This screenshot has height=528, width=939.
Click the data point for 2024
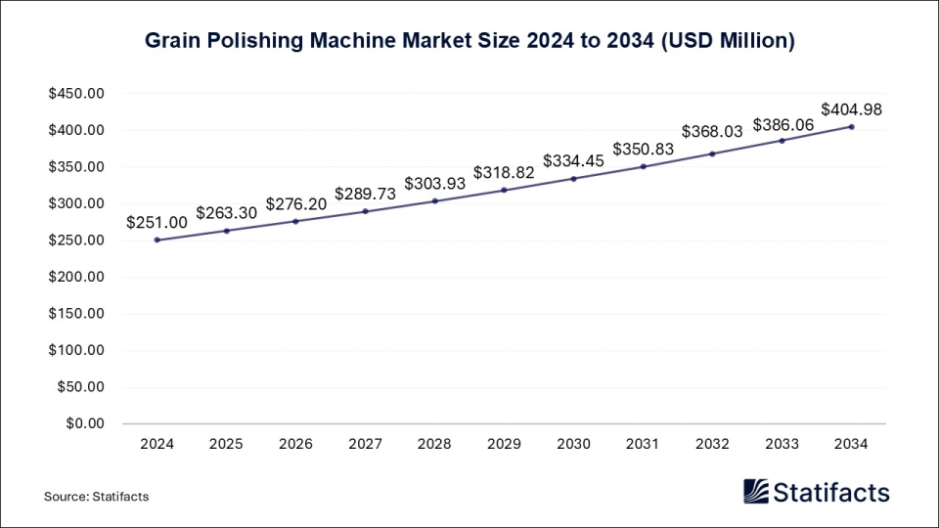coord(156,240)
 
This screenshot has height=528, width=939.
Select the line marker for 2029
coord(505,190)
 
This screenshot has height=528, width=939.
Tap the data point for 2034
coord(852,127)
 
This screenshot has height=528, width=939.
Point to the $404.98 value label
coord(851,110)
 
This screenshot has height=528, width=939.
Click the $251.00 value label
coord(156,222)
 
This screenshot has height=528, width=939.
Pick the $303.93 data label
coord(435,183)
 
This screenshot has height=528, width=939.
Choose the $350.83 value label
coord(644,149)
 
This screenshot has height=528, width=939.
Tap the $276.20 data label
coord(295,203)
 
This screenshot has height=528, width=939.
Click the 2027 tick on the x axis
coord(365,444)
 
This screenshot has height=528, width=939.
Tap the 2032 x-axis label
coord(713,444)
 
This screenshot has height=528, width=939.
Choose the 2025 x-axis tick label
coord(226,444)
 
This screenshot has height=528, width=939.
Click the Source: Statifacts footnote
coord(96,497)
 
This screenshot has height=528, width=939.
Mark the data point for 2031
coord(644,166)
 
